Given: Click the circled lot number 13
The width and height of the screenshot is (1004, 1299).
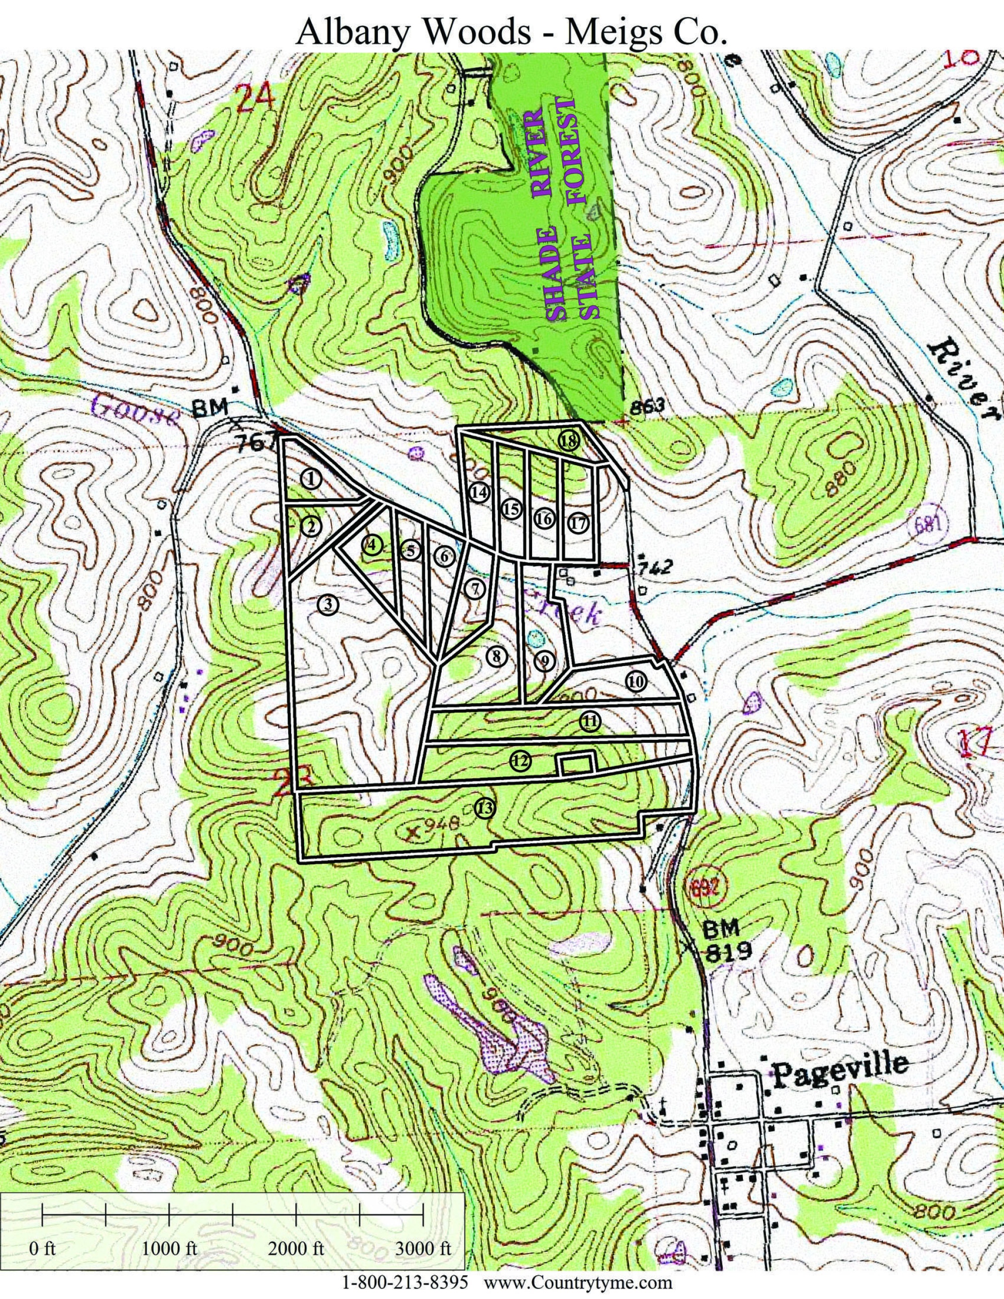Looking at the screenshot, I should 485,808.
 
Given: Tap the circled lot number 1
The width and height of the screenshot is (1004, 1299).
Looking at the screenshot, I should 310,479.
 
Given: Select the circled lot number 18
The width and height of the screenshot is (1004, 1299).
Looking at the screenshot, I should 569,441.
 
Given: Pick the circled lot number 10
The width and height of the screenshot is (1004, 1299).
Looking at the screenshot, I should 636,682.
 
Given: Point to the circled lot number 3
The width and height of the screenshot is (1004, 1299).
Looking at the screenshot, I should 328,605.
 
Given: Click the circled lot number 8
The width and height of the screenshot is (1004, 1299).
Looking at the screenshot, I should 496,657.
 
